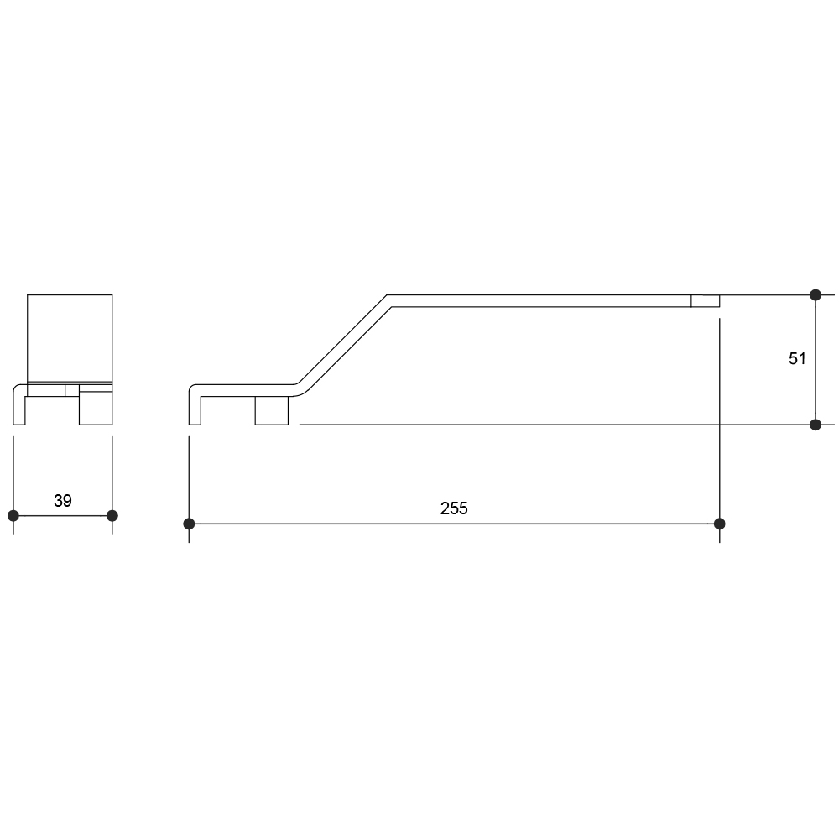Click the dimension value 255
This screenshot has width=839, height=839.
(454, 508)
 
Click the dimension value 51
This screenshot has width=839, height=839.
(797, 358)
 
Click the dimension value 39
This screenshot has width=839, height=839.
(63, 501)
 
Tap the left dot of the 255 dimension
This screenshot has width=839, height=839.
(189, 524)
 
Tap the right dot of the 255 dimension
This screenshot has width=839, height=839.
(720, 524)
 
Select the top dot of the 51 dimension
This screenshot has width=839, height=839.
(816, 294)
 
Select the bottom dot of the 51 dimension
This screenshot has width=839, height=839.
(816, 425)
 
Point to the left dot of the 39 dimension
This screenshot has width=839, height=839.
(13, 516)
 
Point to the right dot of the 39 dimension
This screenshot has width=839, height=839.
(112, 516)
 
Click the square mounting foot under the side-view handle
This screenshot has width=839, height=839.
(272, 410)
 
